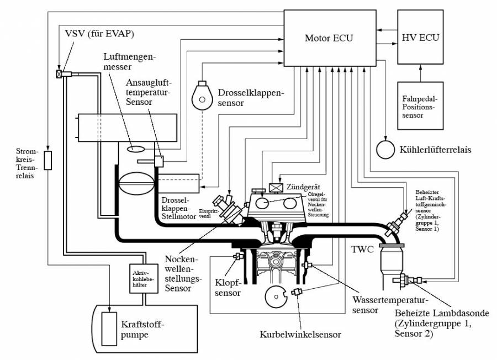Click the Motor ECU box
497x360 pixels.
tap(329, 38)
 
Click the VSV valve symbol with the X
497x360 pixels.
tap(59, 74)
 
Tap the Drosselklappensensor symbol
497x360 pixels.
tap(203, 98)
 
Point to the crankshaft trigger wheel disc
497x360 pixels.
tap(276, 297)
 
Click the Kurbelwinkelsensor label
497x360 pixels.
tap(300, 334)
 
